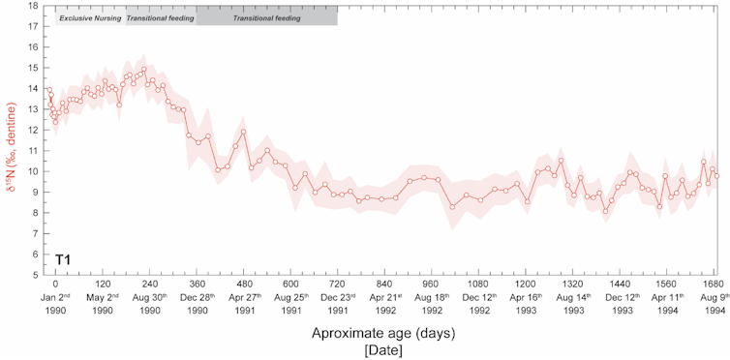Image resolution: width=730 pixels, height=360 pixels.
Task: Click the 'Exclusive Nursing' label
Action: [89, 17]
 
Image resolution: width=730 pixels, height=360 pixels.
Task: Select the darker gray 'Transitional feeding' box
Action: [266, 17]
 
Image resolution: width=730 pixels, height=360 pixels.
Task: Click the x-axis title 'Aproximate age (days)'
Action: [383, 332]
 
